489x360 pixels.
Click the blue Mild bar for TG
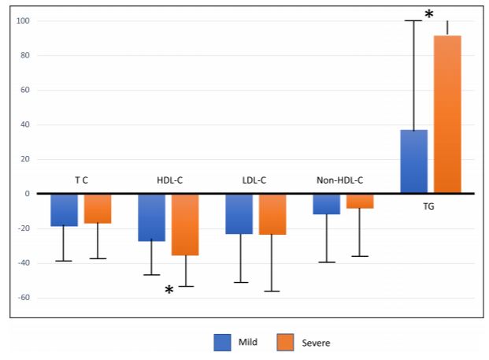(x=414, y=161)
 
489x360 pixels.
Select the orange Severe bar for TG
(x=447, y=114)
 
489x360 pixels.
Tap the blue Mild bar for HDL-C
(x=151, y=217)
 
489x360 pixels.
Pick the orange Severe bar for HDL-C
(x=185, y=225)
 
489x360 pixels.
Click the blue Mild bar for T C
(x=65, y=210)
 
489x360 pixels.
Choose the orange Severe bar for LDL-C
(x=272, y=214)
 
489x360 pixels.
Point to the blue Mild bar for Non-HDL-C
(x=327, y=204)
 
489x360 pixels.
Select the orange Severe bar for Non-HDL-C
(x=360, y=201)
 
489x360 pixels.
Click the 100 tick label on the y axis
(x=23, y=21)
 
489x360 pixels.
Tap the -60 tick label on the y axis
(x=24, y=298)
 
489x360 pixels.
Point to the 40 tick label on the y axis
(x=25, y=124)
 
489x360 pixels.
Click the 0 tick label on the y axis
(x=28, y=194)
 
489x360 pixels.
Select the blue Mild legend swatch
(x=222, y=343)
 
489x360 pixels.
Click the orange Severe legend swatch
(x=285, y=343)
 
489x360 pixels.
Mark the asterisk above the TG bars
(x=429, y=13)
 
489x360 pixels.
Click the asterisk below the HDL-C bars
(x=169, y=290)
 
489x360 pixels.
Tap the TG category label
(x=428, y=206)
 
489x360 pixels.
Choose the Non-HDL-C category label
(x=339, y=180)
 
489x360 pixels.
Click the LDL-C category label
(x=254, y=180)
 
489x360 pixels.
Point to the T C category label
(x=81, y=180)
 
